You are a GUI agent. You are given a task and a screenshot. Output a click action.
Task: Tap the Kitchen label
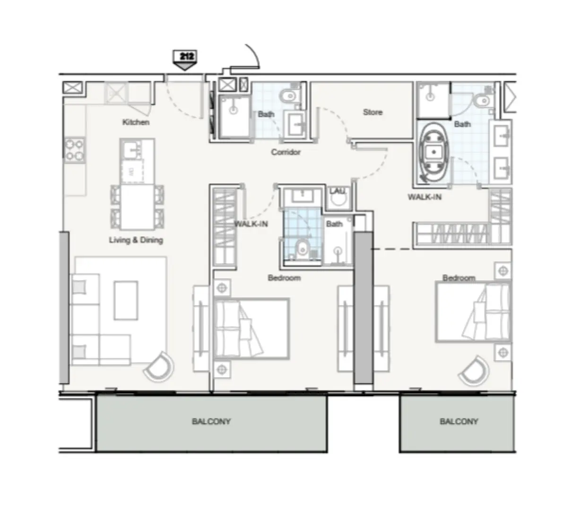coord(136,122)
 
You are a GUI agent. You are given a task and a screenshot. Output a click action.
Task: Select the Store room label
coord(372,113)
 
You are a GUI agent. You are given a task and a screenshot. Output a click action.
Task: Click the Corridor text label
coord(285,152)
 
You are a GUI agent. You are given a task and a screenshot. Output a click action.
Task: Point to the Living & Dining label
coord(136,240)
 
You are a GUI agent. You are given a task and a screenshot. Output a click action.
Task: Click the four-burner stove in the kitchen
coord(74,149)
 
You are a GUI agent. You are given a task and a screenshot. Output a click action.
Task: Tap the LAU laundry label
coord(337,191)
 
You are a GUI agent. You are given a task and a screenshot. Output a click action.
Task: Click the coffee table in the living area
coord(126,300)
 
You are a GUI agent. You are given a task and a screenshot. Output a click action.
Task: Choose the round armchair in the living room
coord(159,366)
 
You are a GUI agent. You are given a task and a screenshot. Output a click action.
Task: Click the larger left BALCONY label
coord(211,421)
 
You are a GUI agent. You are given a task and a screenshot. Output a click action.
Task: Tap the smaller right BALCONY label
coord(459,421)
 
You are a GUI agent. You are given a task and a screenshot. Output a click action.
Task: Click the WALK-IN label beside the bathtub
coord(424,197)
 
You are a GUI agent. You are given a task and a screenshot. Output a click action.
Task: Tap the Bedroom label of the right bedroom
coord(459,278)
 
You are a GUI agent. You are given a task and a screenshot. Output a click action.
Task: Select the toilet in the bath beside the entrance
coord(287,96)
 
